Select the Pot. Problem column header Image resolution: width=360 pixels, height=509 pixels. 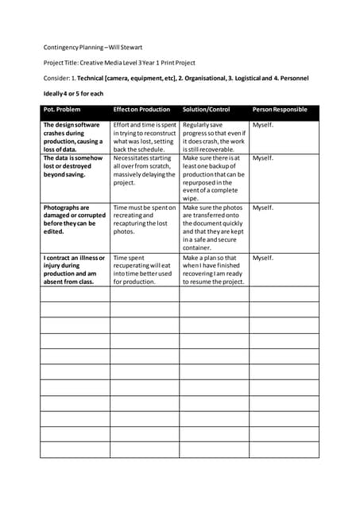click(x=62, y=109)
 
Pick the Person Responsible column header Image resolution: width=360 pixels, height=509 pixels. click(x=279, y=109)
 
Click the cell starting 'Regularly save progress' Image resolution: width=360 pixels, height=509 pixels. click(x=212, y=137)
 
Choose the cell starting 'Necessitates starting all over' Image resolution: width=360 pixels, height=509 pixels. click(x=143, y=169)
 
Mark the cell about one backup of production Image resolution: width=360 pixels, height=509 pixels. click(x=212, y=177)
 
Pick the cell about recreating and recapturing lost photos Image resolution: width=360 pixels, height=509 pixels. click(x=144, y=219)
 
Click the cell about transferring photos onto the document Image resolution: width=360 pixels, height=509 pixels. click(x=212, y=227)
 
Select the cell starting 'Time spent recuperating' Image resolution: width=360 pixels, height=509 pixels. click(x=143, y=270)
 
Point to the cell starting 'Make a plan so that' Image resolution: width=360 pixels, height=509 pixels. click(x=212, y=270)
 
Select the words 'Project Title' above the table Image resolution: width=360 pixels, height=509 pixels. click(x=61, y=62)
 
